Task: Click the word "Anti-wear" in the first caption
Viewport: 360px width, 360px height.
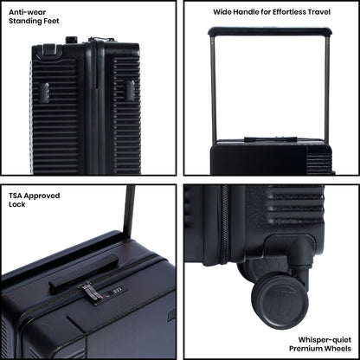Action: click(27, 12)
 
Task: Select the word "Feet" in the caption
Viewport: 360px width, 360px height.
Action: click(51, 21)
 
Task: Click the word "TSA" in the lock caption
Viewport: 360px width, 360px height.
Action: click(15, 196)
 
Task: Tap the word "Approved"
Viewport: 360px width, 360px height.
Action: click(42, 196)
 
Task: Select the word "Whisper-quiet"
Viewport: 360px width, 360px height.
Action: click(325, 340)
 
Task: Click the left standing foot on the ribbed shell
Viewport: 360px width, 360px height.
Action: click(44, 92)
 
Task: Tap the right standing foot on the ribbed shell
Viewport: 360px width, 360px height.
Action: click(130, 91)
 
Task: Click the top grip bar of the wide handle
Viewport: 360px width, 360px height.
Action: click(270, 30)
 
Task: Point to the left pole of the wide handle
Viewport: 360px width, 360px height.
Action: click(213, 89)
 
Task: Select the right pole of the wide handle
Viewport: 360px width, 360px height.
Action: click(327, 89)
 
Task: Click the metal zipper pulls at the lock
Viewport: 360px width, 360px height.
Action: click(89, 292)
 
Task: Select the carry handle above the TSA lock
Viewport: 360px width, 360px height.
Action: click(84, 273)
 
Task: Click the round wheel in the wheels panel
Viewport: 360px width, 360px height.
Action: click(279, 301)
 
